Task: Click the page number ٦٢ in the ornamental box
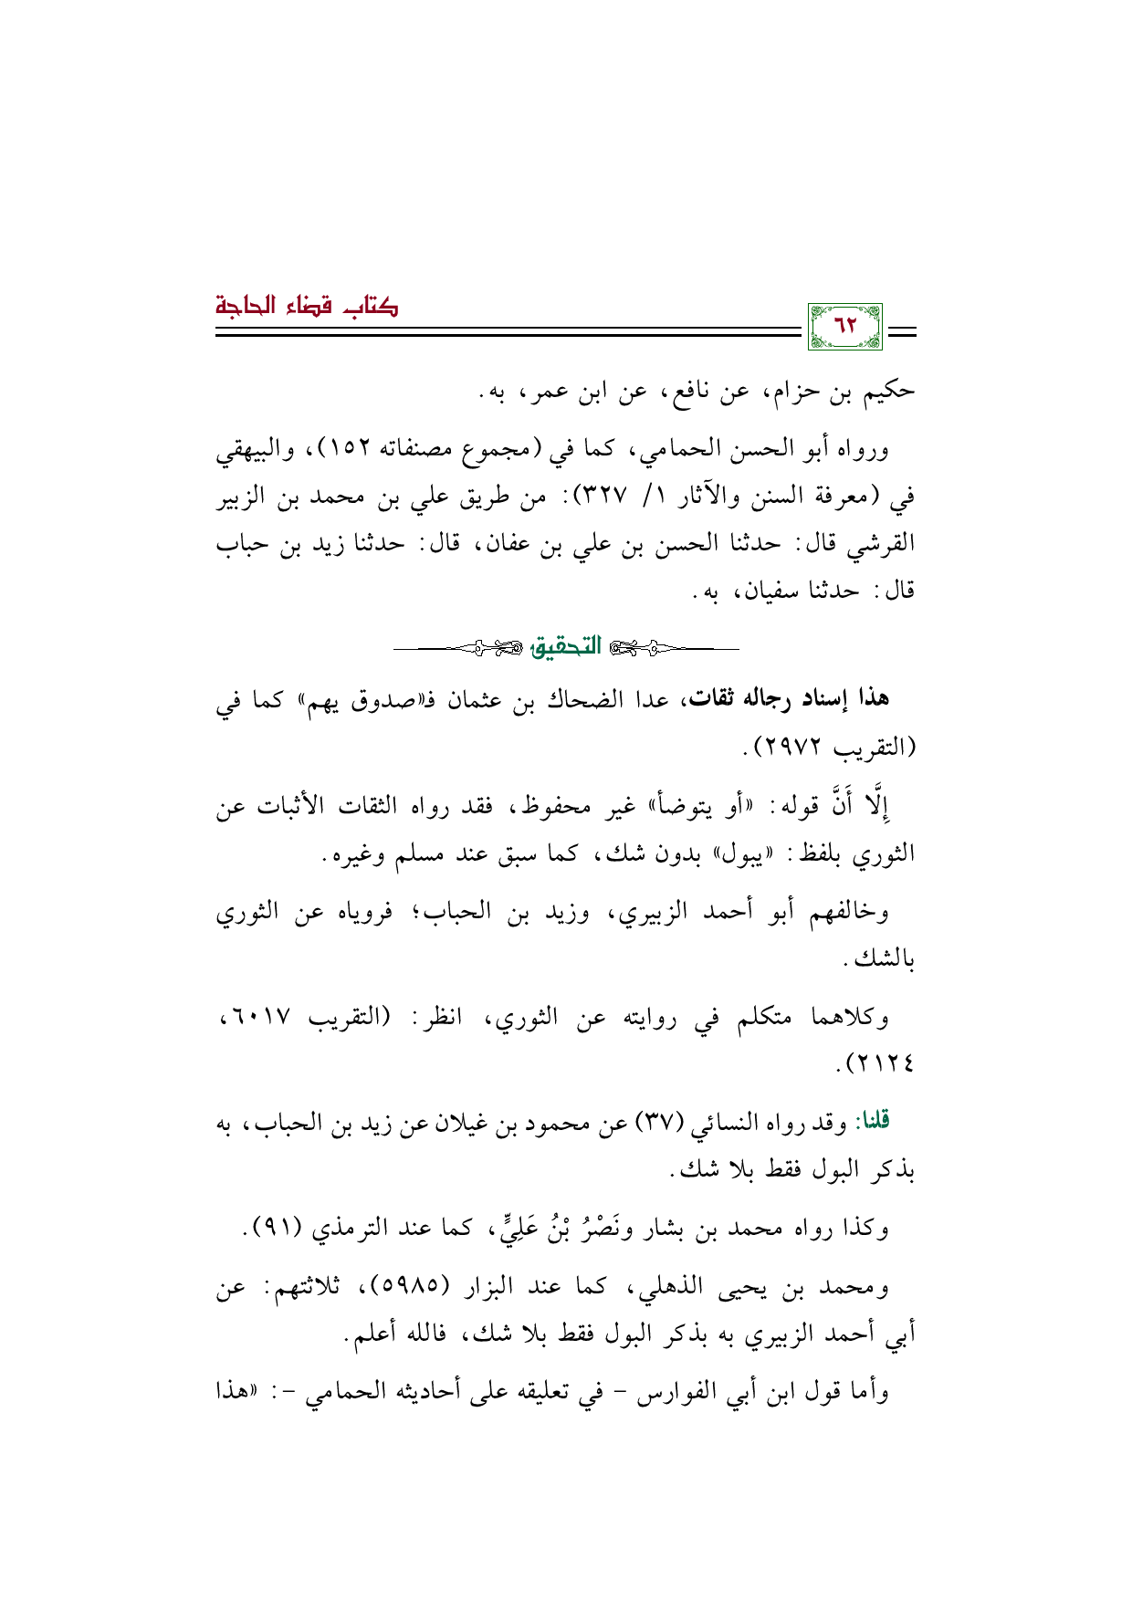click(846, 326)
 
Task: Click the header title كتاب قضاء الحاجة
click(307, 306)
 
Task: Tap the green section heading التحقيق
click(566, 647)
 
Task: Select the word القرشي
click(880, 545)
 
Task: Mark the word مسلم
click(425, 856)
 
